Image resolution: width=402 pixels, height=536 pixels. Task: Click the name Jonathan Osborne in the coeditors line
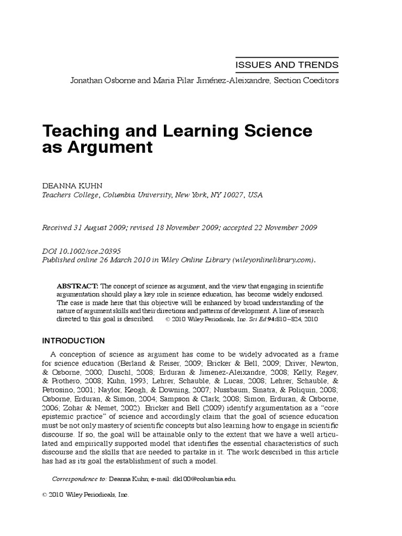98,81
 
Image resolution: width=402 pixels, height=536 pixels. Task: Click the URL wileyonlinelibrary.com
274,260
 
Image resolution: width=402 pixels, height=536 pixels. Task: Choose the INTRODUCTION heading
73,341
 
